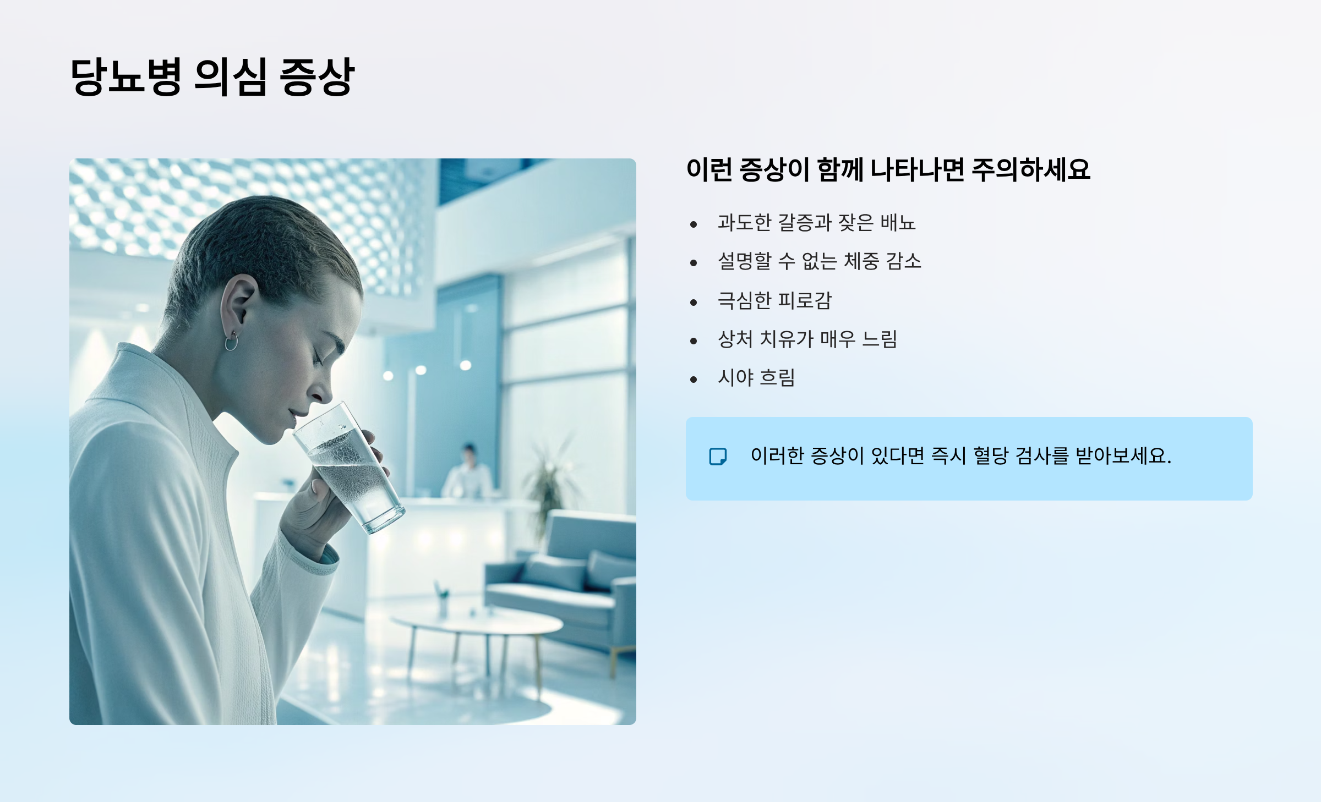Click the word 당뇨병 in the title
click(126, 76)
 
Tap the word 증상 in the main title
click(316, 76)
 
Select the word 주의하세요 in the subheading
click(1030, 169)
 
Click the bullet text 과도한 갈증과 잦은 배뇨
click(816, 223)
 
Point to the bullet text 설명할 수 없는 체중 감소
click(819, 261)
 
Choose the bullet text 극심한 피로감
click(774, 300)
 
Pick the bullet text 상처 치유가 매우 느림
click(807, 339)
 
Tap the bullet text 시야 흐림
click(756, 378)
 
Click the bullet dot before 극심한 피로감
click(694, 302)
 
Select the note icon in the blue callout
click(718, 457)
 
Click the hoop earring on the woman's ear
click(232, 342)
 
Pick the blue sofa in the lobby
click(567, 578)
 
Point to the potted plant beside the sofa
click(548, 484)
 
